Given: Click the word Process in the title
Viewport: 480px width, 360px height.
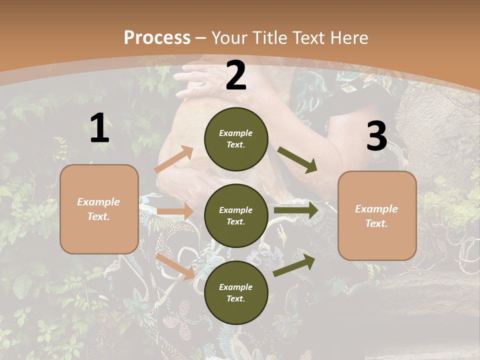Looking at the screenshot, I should coord(157,37).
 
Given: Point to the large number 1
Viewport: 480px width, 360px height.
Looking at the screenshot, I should coord(99,128).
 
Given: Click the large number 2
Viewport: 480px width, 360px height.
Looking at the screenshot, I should coord(236,75).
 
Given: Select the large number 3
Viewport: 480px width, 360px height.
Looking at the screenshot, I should coord(376,136).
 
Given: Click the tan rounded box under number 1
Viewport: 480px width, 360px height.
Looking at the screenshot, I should coord(99,209).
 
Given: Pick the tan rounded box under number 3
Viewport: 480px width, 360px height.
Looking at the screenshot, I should coord(377,215).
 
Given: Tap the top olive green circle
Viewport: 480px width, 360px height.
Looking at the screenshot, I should coord(236,139).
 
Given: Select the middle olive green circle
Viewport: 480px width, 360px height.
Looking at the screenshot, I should coord(236,215).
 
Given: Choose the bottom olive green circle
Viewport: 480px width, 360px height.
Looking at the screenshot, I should coord(236,292).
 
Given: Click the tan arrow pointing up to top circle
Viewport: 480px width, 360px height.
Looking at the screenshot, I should coord(174,159).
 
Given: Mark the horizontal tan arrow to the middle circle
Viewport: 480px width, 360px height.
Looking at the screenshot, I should coord(175,211).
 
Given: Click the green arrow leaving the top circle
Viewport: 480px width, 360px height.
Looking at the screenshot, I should coord(297,160).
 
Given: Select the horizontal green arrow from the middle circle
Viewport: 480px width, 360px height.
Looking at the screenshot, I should coord(295,210).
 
